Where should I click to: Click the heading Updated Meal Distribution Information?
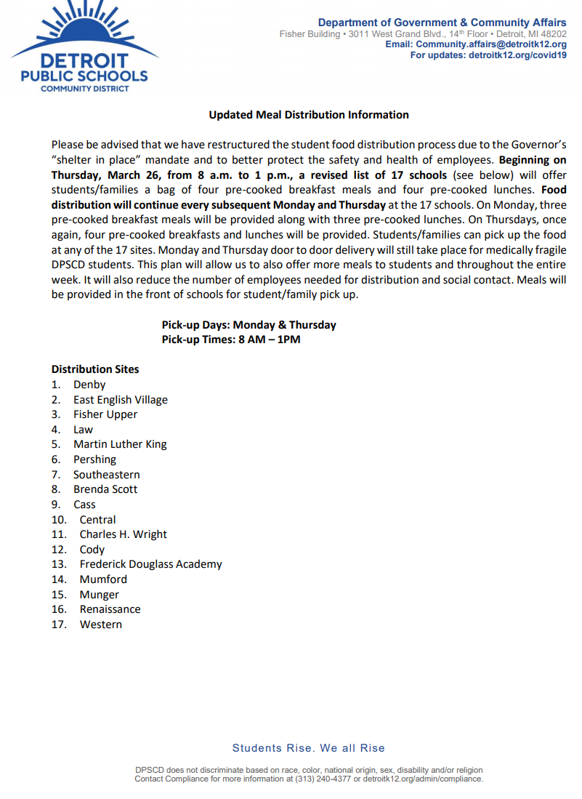click(309, 115)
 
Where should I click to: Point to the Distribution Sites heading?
click(95, 369)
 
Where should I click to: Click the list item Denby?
click(89, 385)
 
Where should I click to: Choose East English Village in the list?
click(121, 400)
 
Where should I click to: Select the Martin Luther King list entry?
click(120, 444)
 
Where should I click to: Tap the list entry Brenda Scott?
click(105, 489)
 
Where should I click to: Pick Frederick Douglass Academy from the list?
click(151, 564)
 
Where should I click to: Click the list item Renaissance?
click(110, 609)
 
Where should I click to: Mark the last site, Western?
click(101, 625)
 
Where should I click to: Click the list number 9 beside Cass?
click(55, 505)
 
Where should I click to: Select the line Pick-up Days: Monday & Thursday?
click(249, 325)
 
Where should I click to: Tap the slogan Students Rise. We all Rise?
click(309, 748)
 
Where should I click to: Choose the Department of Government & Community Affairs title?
click(442, 23)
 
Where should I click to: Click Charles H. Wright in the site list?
click(124, 534)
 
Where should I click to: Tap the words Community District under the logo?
click(85, 89)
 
